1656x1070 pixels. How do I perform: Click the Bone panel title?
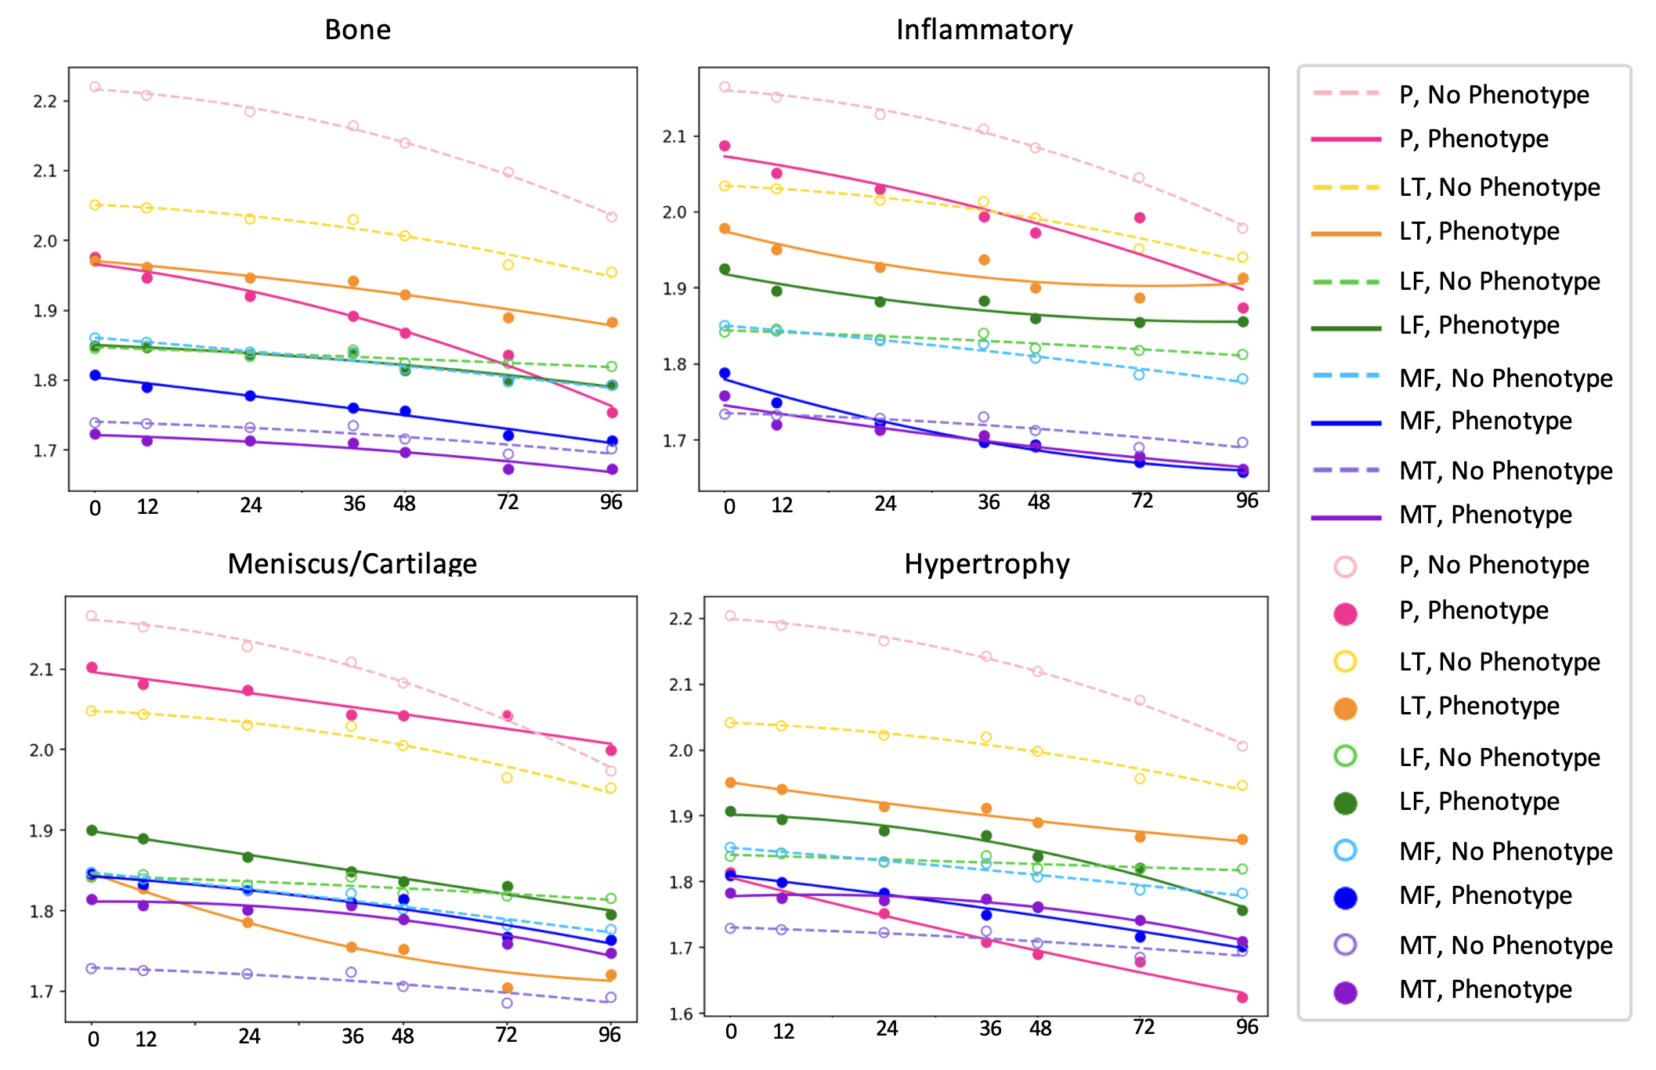pyautogui.click(x=357, y=30)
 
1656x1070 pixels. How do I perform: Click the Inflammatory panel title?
pyautogui.click(x=984, y=30)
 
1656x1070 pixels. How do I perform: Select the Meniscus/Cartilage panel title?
pyautogui.click(x=352, y=564)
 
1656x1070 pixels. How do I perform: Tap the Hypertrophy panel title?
pyautogui.click(x=986, y=564)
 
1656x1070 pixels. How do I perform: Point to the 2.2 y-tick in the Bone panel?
pyautogui.click(x=45, y=101)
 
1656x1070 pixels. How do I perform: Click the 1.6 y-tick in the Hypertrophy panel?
pyautogui.click(x=681, y=1014)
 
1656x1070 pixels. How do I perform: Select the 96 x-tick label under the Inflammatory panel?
pyautogui.click(x=1246, y=501)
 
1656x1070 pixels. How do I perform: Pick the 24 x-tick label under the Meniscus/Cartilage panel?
pyautogui.click(x=249, y=1036)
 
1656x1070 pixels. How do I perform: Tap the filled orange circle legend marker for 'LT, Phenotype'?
pyautogui.click(x=1345, y=708)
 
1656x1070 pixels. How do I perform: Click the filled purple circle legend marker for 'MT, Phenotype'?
pyautogui.click(x=1345, y=992)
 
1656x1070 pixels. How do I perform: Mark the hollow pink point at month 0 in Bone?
pyautogui.click(x=95, y=87)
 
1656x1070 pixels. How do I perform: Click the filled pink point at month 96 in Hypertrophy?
pyautogui.click(x=1242, y=997)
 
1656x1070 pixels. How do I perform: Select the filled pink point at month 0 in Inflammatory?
pyautogui.click(x=725, y=146)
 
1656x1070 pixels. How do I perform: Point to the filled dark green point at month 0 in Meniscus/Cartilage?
pyautogui.click(x=92, y=830)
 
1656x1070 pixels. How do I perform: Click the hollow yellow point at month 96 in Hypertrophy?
pyautogui.click(x=1242, y=786)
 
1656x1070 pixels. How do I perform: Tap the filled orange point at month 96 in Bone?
pyautogui.click(x=612, y=323)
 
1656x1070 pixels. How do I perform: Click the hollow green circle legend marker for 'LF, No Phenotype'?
pyautogui.click(x=1345, y=756)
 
